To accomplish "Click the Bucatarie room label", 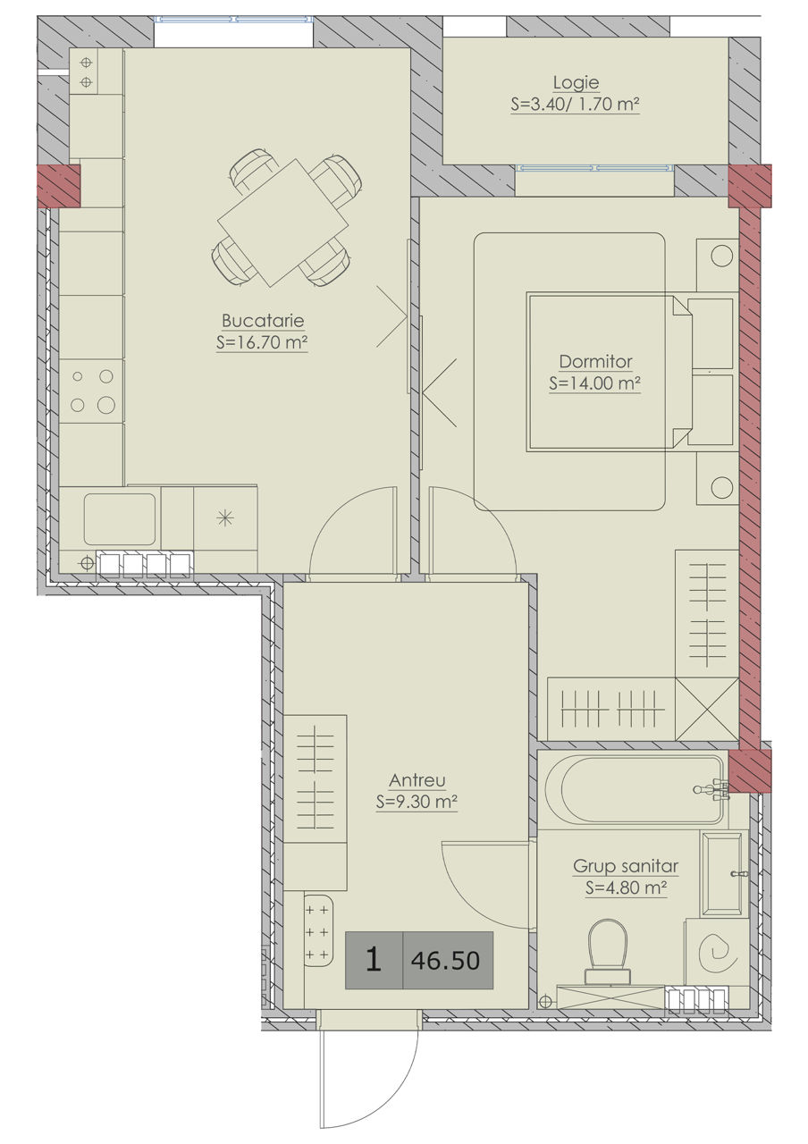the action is (263, 321).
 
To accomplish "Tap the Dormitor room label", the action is (595, 362).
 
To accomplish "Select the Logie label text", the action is (576, 83).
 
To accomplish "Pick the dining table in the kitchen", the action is (283, 223).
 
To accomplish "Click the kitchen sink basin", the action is (120, 519).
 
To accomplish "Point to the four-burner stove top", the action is (92, 391).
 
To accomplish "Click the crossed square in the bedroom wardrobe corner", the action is (707, 709).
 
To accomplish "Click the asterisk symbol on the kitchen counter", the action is (224, 518).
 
